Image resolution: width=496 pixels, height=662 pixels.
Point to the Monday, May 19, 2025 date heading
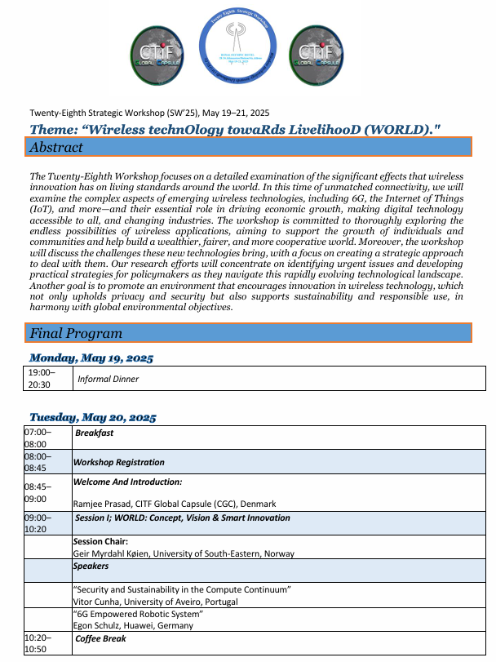(x=91, y=358)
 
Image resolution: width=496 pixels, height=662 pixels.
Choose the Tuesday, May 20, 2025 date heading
(x=93, y=417)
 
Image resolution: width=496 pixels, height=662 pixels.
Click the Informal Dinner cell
(x=108, y=379)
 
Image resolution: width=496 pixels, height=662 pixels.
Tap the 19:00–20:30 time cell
(x=39, y=379)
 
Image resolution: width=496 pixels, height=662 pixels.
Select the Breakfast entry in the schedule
(x=94, y=433)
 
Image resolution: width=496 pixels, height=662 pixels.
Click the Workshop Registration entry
(x=118, y=462)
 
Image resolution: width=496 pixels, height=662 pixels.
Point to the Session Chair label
(x=100, y=541)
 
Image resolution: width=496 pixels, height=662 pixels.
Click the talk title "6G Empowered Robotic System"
(x=138, y=614)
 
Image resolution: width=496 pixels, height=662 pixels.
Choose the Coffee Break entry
(x=100, y=638)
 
